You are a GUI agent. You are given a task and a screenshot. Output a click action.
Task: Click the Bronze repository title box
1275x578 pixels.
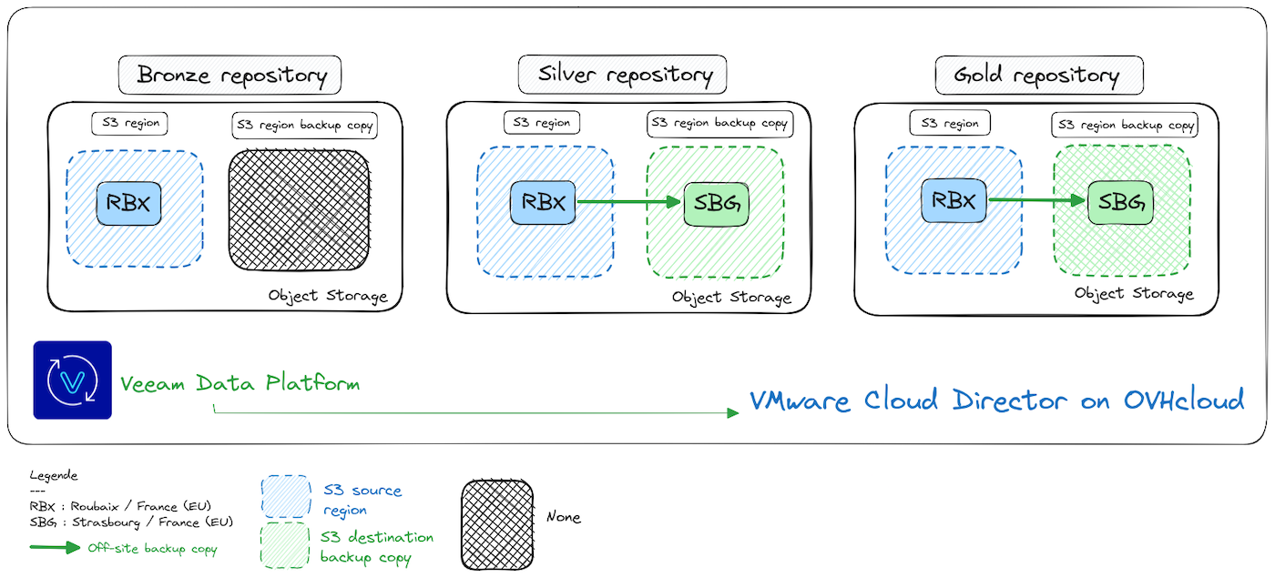229,75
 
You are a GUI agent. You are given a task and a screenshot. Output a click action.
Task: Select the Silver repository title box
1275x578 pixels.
622,74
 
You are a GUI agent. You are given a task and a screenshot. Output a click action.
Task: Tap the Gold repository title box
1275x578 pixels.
1038,75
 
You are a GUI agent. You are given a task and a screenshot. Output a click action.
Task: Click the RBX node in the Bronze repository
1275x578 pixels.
128,205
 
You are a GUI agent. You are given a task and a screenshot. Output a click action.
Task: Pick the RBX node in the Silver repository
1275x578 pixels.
544,202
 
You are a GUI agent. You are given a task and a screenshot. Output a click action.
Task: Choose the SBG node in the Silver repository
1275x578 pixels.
716,203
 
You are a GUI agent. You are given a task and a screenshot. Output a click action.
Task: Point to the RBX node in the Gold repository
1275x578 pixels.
954,200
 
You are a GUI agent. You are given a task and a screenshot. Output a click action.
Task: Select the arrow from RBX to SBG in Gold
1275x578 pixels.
1037,200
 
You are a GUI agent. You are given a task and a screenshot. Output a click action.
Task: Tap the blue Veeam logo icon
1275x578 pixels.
72,380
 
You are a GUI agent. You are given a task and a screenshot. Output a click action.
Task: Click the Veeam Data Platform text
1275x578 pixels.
240,383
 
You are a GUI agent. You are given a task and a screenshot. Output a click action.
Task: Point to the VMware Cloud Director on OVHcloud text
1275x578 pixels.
996,400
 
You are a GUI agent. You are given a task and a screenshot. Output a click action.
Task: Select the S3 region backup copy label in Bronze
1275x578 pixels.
304,126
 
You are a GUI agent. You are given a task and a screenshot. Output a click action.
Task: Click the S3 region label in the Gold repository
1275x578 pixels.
949,123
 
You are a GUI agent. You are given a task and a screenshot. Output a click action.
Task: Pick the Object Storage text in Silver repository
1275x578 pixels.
731,298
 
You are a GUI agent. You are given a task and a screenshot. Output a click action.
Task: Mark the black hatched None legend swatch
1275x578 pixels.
496,522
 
